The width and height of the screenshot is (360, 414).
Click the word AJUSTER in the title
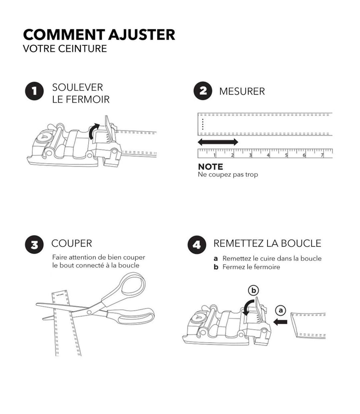point(141,35)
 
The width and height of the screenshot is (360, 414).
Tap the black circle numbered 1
point(34,91)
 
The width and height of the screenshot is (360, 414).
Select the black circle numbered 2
point(203,91)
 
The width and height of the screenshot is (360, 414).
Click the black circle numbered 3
point(34,244)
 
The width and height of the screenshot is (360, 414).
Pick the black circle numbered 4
point(197,245)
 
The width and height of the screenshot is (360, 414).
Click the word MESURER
point(242,91)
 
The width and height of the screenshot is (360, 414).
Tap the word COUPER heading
point(72,243)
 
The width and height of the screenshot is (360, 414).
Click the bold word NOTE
point(210,167)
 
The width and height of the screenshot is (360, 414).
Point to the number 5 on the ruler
point(286,155)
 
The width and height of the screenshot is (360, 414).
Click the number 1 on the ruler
point(215,155)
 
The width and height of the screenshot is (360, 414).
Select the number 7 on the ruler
point(322,155)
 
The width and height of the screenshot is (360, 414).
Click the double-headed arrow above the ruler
point(218,142)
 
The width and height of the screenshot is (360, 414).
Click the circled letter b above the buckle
point(253,290)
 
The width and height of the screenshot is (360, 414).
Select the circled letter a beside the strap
point(280,310)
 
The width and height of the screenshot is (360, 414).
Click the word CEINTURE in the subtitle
point(82,49)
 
